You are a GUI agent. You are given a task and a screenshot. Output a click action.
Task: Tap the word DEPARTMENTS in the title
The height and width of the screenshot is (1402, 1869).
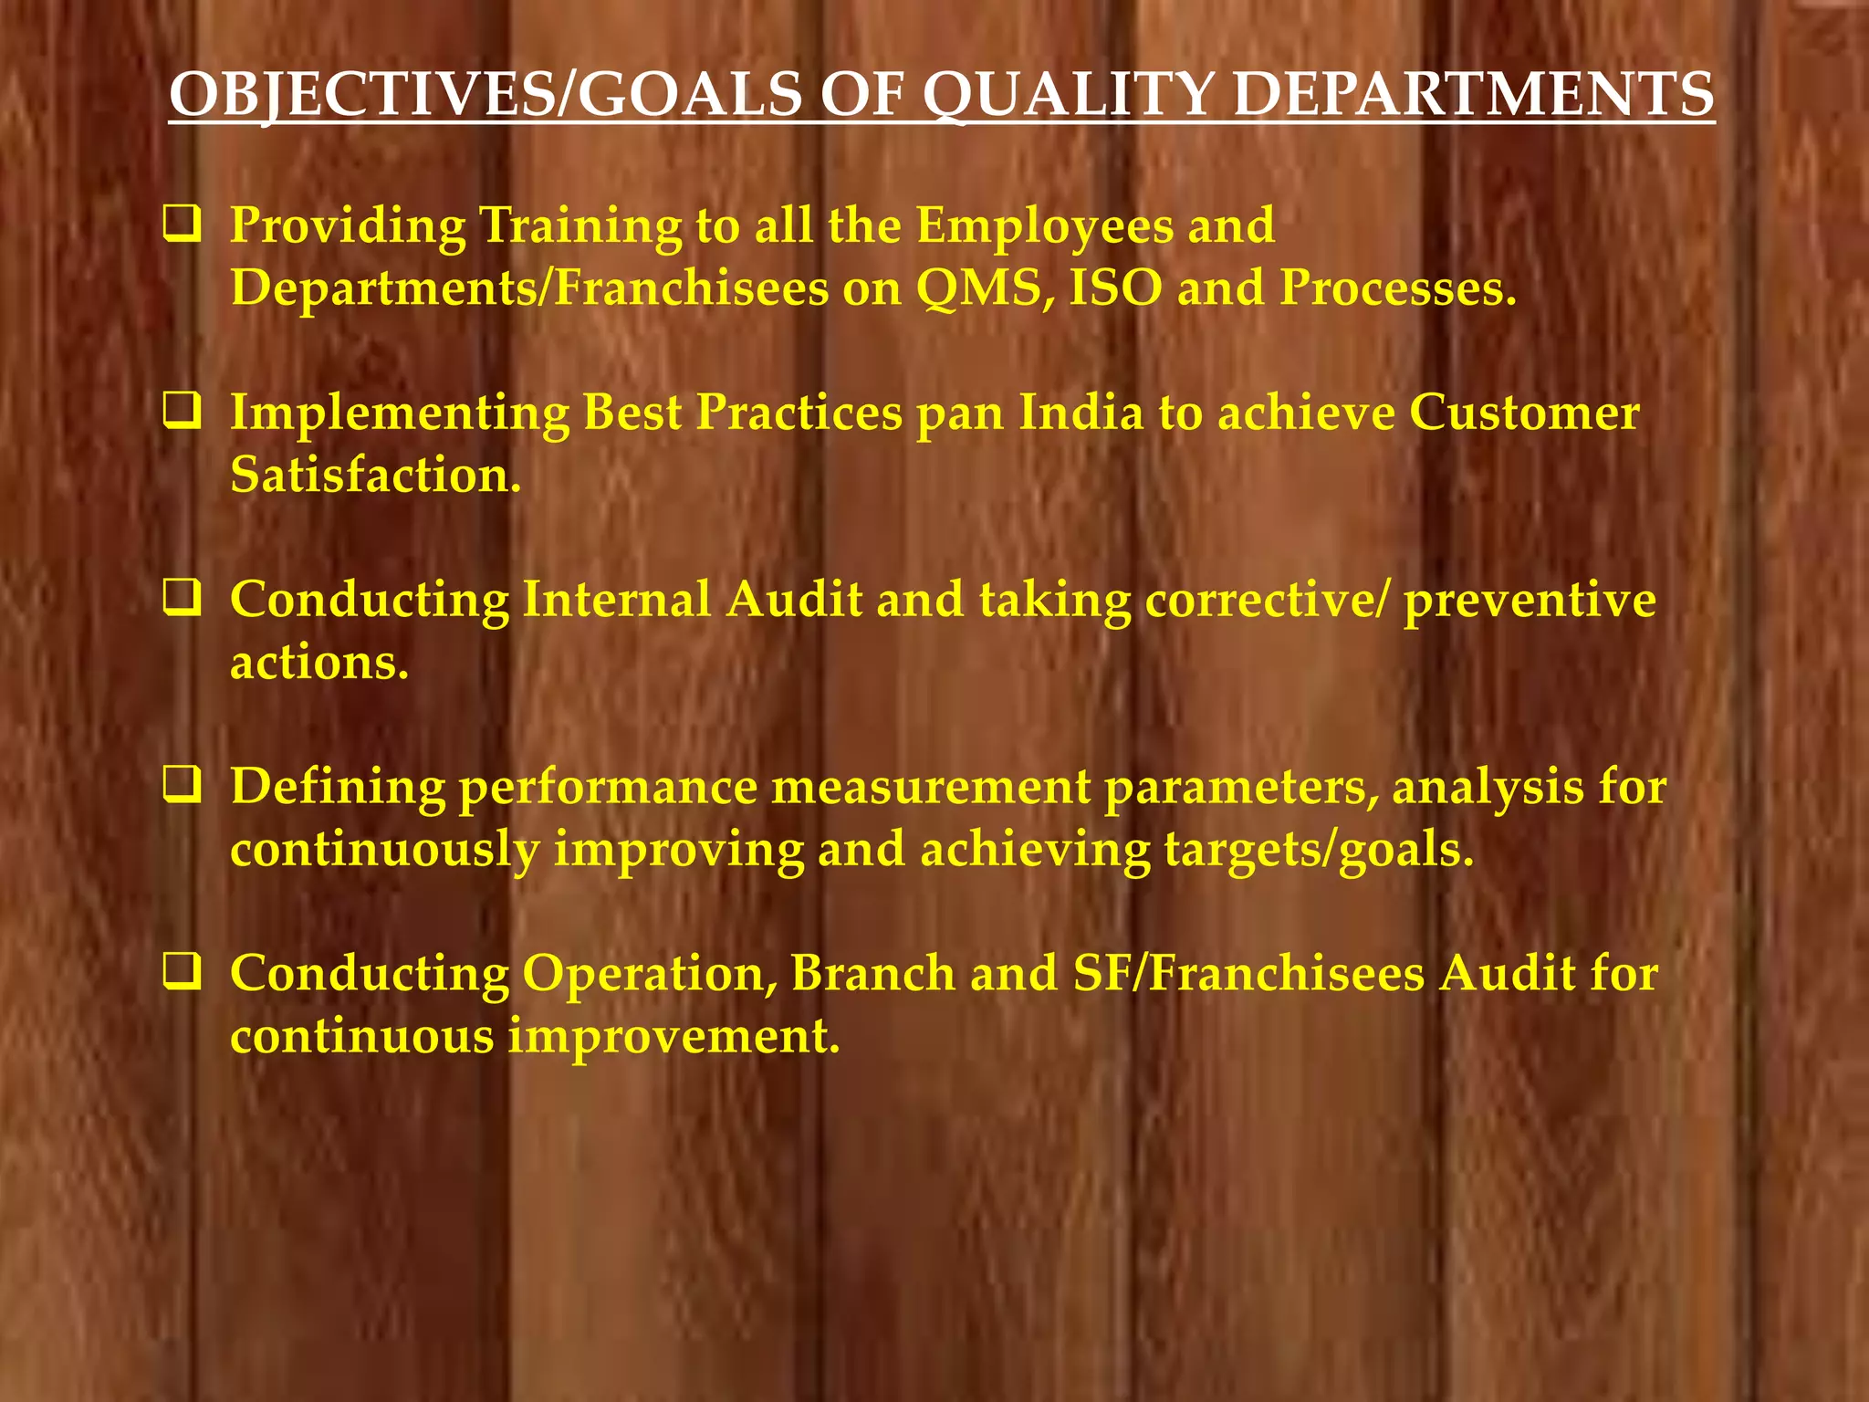[x=1473, y=95]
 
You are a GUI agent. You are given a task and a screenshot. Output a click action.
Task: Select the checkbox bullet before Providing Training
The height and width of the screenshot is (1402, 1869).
[x=183, y=225]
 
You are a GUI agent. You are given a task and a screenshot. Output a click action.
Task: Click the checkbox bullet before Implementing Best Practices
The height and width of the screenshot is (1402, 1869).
[x=183, y=413]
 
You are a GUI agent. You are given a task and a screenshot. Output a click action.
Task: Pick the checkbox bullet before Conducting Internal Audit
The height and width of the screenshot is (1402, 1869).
[x=183, y=600]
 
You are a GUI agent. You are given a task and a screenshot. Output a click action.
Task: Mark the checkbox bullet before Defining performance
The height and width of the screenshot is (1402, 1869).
[x=183, y=786]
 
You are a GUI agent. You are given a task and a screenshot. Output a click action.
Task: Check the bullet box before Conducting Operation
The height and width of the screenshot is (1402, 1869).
[x=183, y=973]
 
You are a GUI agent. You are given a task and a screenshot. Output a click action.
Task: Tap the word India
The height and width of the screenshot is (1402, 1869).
[x=1081, y=413]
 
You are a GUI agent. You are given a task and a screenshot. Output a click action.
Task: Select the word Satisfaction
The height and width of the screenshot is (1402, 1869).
[x=375, y=476]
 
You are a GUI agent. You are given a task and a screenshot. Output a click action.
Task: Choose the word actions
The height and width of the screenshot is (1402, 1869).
[x=319, y=663]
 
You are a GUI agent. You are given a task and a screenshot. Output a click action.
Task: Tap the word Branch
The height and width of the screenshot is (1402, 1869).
[x=873, y=974]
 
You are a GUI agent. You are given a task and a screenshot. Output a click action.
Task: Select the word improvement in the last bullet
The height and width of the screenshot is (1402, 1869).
[x=673, y=1037]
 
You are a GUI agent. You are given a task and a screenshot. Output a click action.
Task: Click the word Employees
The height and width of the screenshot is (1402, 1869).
[x=1045, y=226]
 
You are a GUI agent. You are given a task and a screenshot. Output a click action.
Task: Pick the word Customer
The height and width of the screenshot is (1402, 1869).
[x=1524, y=413]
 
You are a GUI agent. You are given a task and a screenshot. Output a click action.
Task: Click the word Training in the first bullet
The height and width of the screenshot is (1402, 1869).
[x=580, y=226]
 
